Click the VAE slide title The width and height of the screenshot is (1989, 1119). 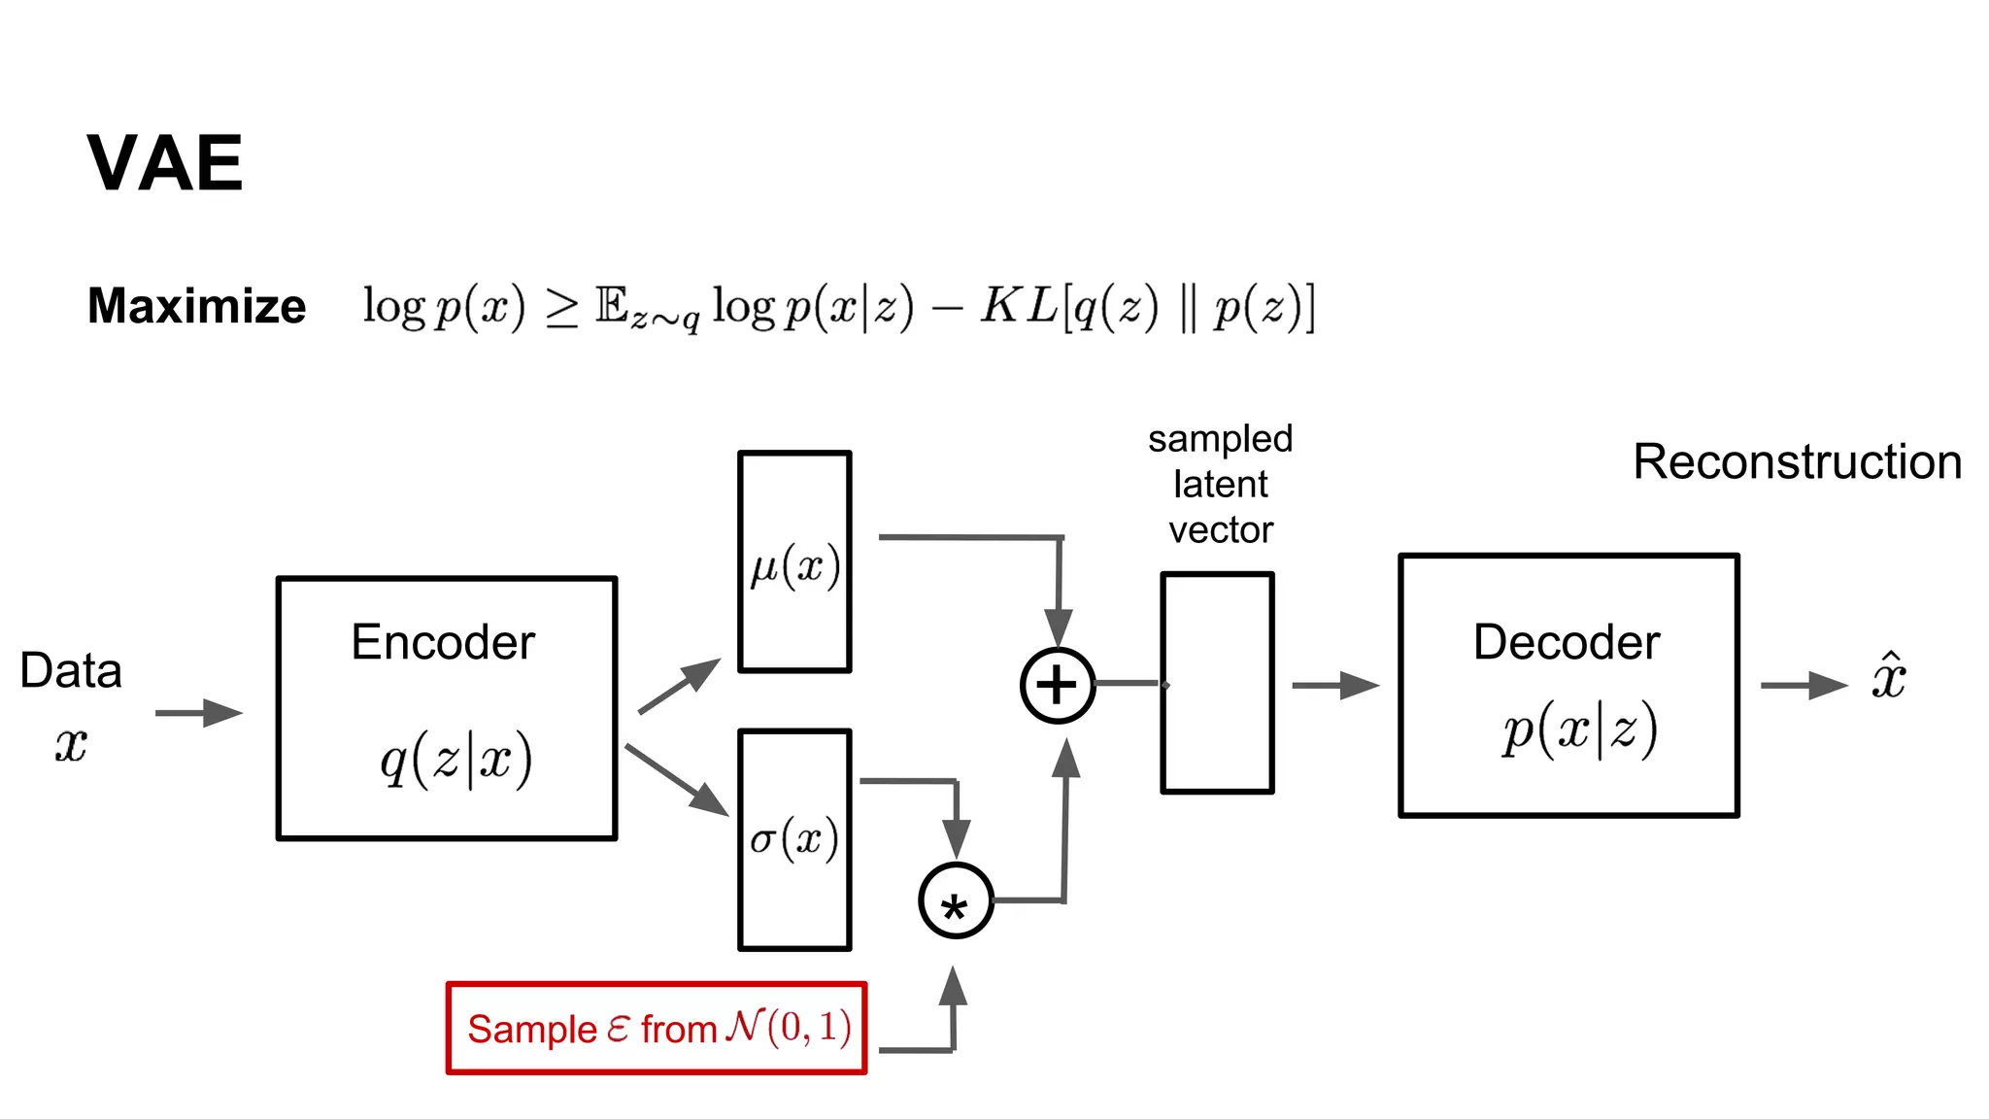pos(165,163)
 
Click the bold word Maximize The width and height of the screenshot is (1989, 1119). pos(196,306)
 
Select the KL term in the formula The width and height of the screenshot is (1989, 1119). pos(1146,307)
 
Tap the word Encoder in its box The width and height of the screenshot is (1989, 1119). pos(443,642)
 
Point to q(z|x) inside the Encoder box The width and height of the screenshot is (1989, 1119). pos(455,760)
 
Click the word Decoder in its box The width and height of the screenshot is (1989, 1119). pos(1567,642)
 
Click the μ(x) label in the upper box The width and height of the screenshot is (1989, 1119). pos(794,566)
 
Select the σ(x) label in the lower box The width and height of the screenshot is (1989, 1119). pos(793,838)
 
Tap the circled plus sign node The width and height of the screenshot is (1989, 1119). pos(1058,685)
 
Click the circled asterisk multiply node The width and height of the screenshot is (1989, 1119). pos(956,900)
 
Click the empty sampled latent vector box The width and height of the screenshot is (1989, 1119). pos(1217,683)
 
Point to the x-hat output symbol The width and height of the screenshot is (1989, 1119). pos(1889,677)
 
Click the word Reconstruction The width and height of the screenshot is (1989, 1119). pos(1797,461)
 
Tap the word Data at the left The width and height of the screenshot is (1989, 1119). pos(71,670)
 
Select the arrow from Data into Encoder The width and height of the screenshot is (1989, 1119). pos(198,713)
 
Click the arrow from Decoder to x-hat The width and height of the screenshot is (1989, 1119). pos(1804,685)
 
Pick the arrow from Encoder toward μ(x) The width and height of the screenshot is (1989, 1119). pos(679,686)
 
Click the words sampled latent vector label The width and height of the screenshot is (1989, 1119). pos(1220,484)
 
